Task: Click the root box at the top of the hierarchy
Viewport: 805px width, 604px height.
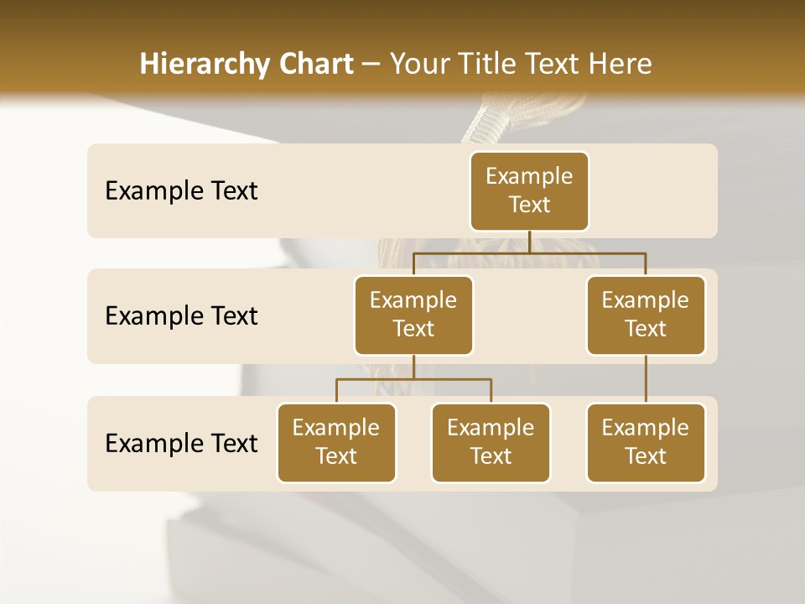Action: click(x=529, y=190)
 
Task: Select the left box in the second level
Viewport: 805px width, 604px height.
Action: click(x=413, y=315)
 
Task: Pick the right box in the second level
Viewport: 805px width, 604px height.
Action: click(x=646, y=315)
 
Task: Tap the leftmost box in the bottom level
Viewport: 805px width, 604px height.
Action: click(x=336, y=442)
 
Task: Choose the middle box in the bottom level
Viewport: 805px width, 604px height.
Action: click(x=491, y=442)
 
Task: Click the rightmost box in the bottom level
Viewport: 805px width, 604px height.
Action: click(x=646, y=442)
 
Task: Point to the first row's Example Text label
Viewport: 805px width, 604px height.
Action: click(x=181, y=191)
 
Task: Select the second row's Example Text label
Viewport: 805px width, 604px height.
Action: click(x=181, y=316)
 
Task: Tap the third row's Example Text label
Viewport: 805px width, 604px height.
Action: click(x=181, y=443)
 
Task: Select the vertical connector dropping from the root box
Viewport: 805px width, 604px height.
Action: click(x=529, y=242)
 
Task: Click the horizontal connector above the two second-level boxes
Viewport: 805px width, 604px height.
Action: click(x=529, y=252)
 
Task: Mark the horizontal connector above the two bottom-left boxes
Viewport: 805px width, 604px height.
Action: click(x=413, y=379)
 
